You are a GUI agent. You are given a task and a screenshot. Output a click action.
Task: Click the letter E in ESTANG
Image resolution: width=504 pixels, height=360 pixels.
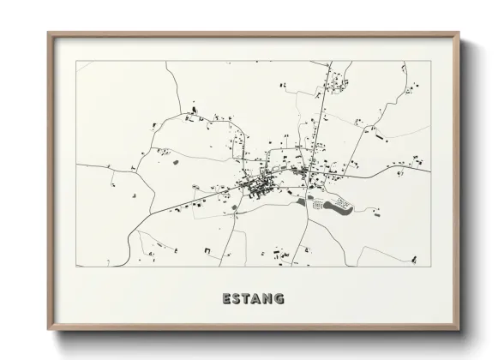tap(226, 299)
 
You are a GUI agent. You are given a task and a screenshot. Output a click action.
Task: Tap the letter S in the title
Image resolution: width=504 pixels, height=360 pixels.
tap(237, 299)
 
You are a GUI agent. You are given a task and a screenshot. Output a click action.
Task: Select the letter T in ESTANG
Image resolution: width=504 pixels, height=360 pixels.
tap(248, 299)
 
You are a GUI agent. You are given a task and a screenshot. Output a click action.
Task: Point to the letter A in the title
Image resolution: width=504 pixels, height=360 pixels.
tap(258, 299)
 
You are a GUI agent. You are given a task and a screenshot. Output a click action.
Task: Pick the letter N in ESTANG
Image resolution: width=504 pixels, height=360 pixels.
tap(269, 299)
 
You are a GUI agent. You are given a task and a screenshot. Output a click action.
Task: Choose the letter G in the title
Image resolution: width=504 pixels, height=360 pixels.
tap(280, 299)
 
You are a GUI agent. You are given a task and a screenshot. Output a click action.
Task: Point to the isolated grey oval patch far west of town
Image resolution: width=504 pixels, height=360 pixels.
tap(175, 161)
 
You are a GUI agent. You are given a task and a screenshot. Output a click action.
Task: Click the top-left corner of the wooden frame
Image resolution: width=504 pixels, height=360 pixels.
tap(49, 33)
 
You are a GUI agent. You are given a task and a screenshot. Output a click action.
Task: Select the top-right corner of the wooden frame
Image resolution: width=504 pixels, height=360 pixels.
tap(459, 33)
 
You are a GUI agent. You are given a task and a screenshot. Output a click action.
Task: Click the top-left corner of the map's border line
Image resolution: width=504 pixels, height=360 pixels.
tap(76, 61)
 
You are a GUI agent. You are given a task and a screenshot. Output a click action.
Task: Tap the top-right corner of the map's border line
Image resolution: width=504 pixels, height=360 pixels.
tap(430, 61)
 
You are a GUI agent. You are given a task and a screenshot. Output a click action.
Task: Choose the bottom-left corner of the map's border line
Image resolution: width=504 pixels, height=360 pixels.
tap(76, 266)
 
